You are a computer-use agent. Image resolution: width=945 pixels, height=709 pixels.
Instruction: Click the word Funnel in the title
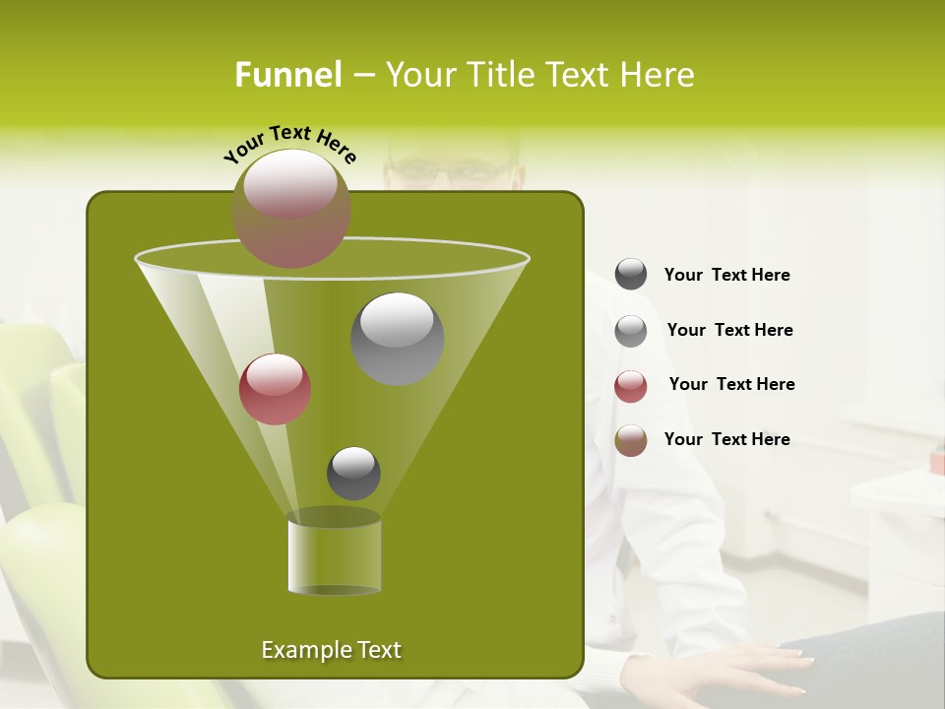[x=288, y=75]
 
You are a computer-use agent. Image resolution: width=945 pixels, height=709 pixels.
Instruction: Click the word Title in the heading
[x=499, y=75]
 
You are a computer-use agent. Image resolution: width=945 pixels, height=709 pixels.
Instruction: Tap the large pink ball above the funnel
[x=291, y=208]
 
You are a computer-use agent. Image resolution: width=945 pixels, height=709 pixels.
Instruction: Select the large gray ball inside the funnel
[x=397, y=338]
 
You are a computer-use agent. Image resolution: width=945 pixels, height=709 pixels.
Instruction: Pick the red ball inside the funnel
[x=275, y=389]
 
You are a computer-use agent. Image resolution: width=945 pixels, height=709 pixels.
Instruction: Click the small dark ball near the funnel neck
[x=353, y=473]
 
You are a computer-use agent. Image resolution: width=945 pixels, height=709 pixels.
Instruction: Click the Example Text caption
[x=331, y=650]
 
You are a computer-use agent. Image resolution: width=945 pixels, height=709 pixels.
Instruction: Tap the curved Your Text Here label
[x=289, y=143]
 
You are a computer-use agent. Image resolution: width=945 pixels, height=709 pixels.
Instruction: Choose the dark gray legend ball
[x=631, y=274]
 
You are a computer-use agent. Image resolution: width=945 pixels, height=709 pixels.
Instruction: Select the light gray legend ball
[x=631, y=330]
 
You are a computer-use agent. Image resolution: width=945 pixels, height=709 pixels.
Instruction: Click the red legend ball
[x=631, y=386]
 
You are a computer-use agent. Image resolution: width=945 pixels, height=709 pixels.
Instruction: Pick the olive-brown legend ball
[x=631, y=440]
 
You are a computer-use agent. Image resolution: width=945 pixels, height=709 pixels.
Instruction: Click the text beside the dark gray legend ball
[x=726, y=275]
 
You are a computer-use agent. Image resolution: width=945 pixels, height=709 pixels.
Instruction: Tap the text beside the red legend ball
[x=731, y=384]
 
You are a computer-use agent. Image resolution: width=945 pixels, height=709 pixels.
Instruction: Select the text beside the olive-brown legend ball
[x=726, y=439]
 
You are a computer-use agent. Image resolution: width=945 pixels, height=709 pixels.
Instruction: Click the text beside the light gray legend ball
[x=729, y=330]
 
